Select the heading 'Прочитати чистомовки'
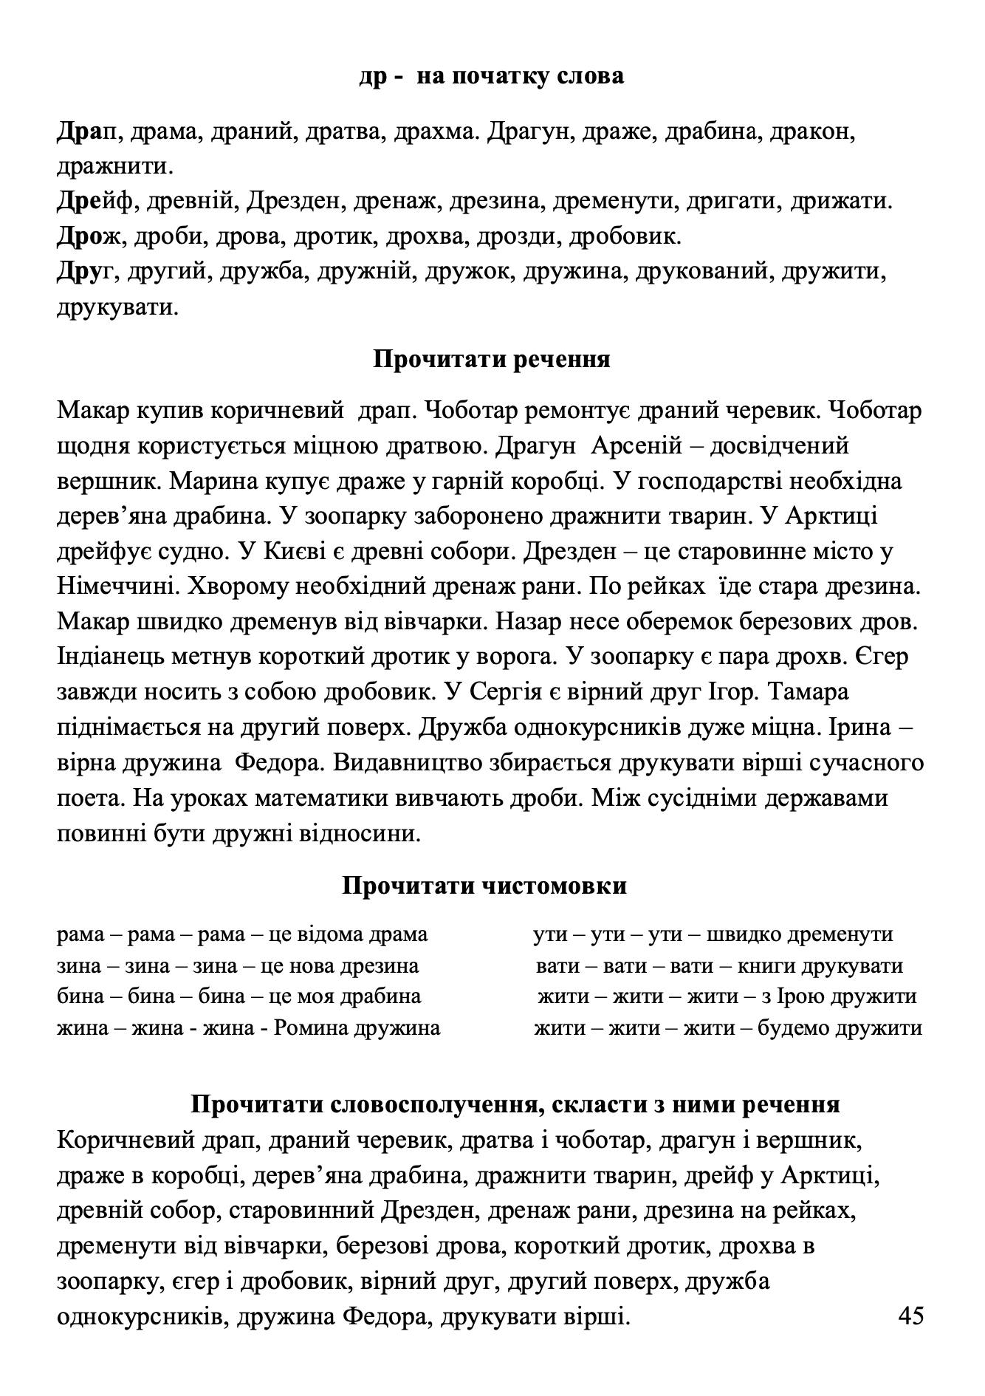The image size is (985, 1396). (484, 885)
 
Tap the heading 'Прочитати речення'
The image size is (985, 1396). (492, 360)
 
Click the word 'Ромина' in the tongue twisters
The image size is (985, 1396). (310, 1028)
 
